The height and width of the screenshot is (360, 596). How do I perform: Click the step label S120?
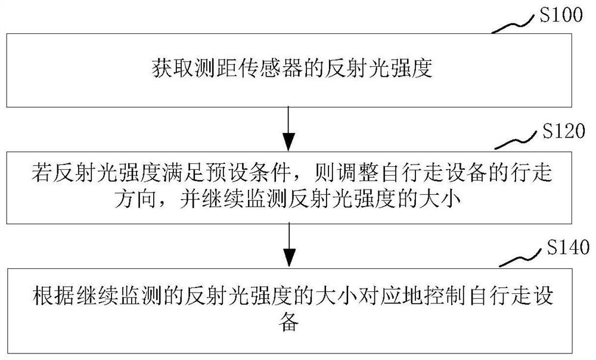pyautogui.click(x=560, y=132)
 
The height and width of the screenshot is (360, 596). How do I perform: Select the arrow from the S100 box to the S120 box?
pyautogui.click(x=288, y=129)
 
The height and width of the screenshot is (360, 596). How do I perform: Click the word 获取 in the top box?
pyautogui.click(x=163, y=70)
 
